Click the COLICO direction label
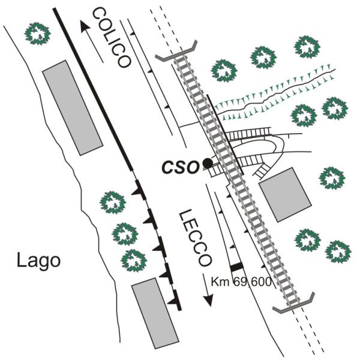(x=112, y=37)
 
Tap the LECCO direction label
(x=195, y=238)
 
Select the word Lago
(x=39, y=262)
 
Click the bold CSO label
(x=180, y=167)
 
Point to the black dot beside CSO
(x=208, y=163)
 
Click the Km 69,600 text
(x=241, y=282)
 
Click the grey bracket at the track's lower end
(x=293, y=302)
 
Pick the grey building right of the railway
(x=285, y=194)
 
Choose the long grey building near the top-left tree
(x=73, y=108)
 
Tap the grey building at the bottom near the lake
(x=155, y=313)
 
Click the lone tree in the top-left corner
(x=37, y=34)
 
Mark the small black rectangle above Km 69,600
(x=237, y=267)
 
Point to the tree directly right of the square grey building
(x=332, y=178)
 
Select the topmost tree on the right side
(x=307, y=47)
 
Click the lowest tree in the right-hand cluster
(x=338, y=252)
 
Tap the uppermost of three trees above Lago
(x=113, y=203)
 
